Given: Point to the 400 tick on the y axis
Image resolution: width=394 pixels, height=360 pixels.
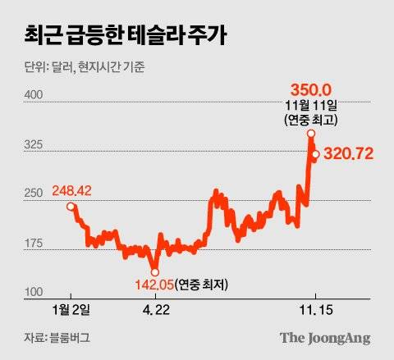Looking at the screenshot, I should (36, 95).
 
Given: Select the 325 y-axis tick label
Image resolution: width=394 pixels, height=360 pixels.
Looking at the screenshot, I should (36, 144).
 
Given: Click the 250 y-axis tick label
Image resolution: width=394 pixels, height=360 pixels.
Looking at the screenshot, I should (36, 194).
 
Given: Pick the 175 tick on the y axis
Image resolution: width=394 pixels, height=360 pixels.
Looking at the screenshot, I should (36, 244).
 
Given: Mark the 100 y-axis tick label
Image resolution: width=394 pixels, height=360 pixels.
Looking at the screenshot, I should (36, 293).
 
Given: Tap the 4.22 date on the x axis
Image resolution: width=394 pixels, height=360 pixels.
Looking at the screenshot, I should (154, 310).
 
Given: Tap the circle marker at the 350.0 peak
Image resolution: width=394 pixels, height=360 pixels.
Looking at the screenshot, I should (311, 133).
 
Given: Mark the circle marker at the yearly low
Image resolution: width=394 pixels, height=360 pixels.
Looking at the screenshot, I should (153, 271).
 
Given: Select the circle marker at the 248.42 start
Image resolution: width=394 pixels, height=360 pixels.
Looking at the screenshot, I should (70, 207).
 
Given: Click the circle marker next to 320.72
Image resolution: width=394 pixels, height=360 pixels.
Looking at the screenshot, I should (316, 153).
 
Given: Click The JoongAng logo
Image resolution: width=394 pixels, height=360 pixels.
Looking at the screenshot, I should (325, 337).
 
